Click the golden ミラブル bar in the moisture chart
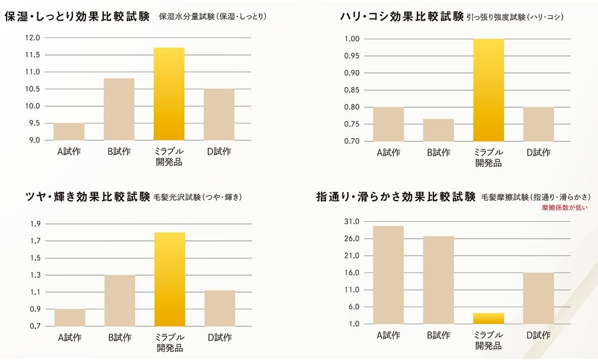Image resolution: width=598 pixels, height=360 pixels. click(169, 94)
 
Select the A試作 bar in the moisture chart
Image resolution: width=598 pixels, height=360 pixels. click(69, 132)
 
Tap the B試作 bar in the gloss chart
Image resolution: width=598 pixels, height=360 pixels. click(120, 300)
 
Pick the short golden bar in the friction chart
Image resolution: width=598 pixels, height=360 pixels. click(489, 319)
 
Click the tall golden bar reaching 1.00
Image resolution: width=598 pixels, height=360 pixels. click(489, 90)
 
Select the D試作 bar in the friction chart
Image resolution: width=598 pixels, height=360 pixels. click(538, 298)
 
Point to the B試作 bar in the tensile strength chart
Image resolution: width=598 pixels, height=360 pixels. click(439, 130)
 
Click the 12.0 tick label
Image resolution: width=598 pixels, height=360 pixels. click(33, 38)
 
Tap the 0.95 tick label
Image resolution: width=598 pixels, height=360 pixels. click(352, 56)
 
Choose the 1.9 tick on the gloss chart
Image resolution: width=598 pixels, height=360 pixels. click(35, 224)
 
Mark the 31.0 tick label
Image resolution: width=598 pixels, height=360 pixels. click(352, 222)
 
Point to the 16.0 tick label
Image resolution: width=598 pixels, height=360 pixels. click(352, 273)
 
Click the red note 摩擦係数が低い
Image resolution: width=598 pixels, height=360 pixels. click(565, 207)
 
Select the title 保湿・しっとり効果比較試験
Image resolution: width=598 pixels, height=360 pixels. click(77, 16)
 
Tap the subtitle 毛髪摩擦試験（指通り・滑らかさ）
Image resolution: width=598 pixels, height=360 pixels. click(535, 197)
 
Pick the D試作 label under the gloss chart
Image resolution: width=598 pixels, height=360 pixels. click(220, 338)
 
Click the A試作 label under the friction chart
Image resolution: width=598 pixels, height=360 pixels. click(389, 336)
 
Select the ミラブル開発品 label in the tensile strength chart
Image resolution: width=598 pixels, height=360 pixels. click(489, 157)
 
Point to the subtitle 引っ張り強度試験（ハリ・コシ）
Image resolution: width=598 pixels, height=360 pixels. click(515, 17)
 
